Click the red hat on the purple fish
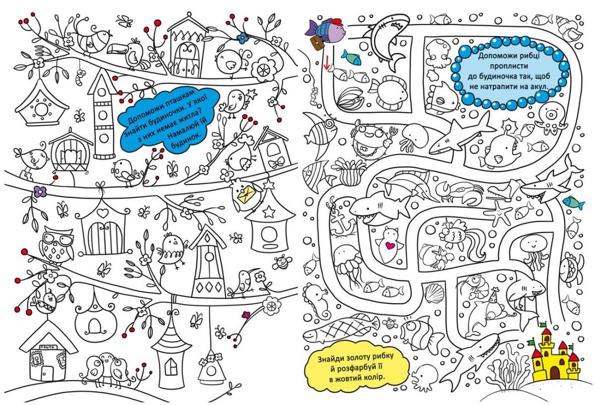tap(335, 22)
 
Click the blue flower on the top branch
tap(242, 37)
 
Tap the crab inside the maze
tap(454, 192)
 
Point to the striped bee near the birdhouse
tap(283, 261)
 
